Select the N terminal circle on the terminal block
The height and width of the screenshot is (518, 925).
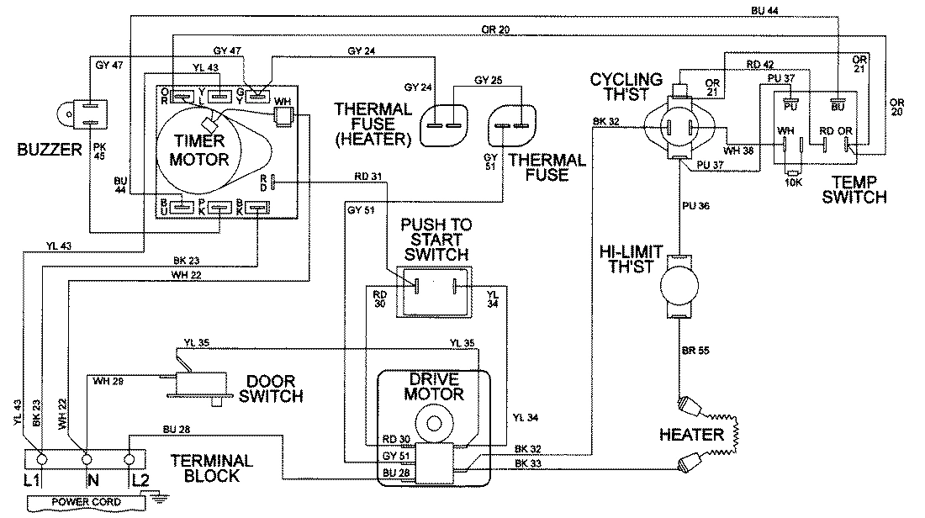[86, 460]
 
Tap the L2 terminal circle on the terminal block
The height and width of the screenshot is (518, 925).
[129, 460]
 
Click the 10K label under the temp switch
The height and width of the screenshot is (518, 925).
[791, 182]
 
